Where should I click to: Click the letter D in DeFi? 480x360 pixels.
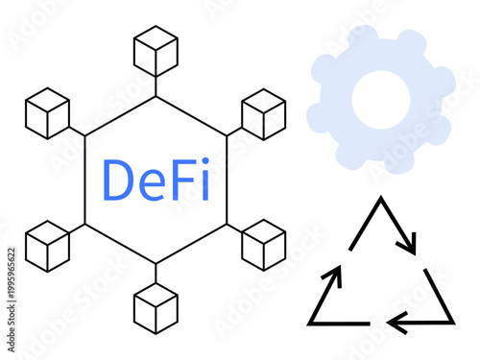118,180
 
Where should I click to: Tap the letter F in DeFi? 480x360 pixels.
181,180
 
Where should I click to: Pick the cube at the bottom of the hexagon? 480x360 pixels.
156,308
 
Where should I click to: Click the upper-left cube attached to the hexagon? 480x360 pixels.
48,114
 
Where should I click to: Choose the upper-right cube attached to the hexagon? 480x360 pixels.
264,114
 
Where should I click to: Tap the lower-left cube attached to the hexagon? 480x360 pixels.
48,245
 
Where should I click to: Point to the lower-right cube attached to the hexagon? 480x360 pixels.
264,245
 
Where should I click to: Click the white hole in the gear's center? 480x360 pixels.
380,101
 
